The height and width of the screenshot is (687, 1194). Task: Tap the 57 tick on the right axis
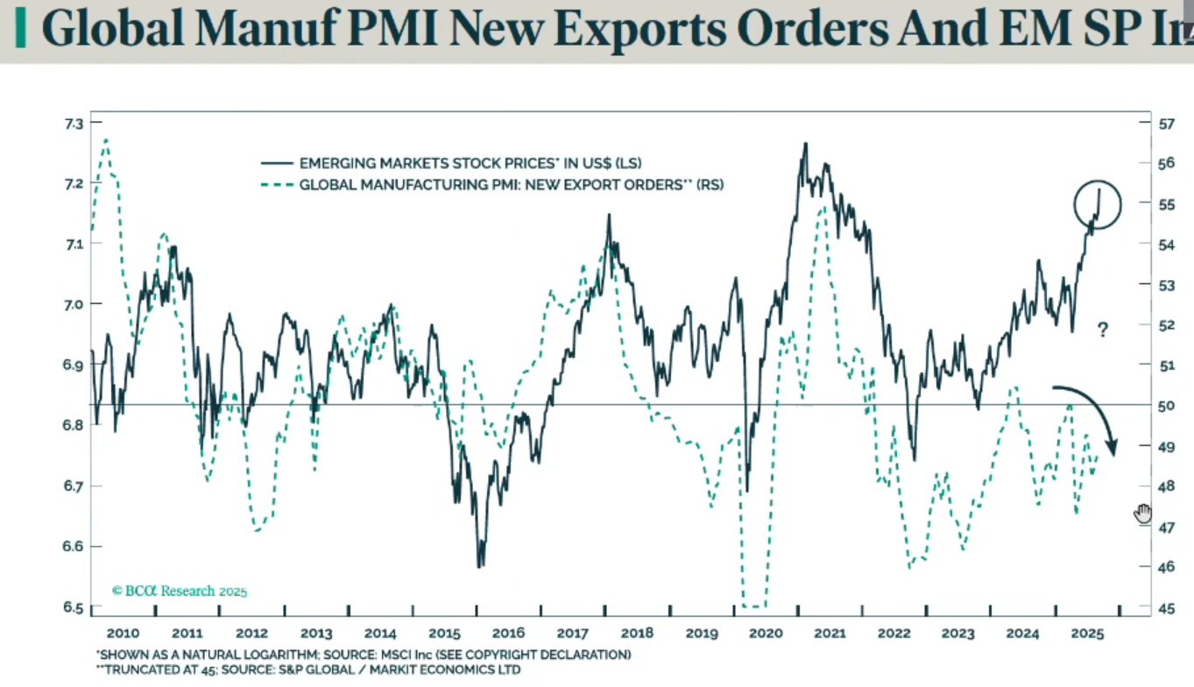[x=1167, y=124]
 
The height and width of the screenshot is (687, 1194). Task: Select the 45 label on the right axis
[x=1167, y=607]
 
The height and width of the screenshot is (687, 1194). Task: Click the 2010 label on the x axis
[x=122, y=634]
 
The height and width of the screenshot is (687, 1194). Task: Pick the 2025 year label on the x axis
[x=1086, y=634]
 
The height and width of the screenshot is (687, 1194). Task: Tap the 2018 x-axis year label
[x=637, y=634]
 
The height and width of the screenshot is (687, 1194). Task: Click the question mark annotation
[x=1103, y=330]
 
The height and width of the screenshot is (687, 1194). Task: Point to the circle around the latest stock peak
[x=1098, y=205]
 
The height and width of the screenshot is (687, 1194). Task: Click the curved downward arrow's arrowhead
[x=1113, y=449]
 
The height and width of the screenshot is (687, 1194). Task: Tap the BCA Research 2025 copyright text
[x=180, y=591]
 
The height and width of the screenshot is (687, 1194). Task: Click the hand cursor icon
[x=1143, y=513]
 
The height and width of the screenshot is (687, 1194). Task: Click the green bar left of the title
[x=21, y=29]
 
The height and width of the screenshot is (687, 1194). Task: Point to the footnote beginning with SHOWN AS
[x=363, y=655]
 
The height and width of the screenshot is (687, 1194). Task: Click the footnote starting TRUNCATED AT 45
[x=307, y=670]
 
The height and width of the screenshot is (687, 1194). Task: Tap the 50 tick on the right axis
[x=1167, y=406]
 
